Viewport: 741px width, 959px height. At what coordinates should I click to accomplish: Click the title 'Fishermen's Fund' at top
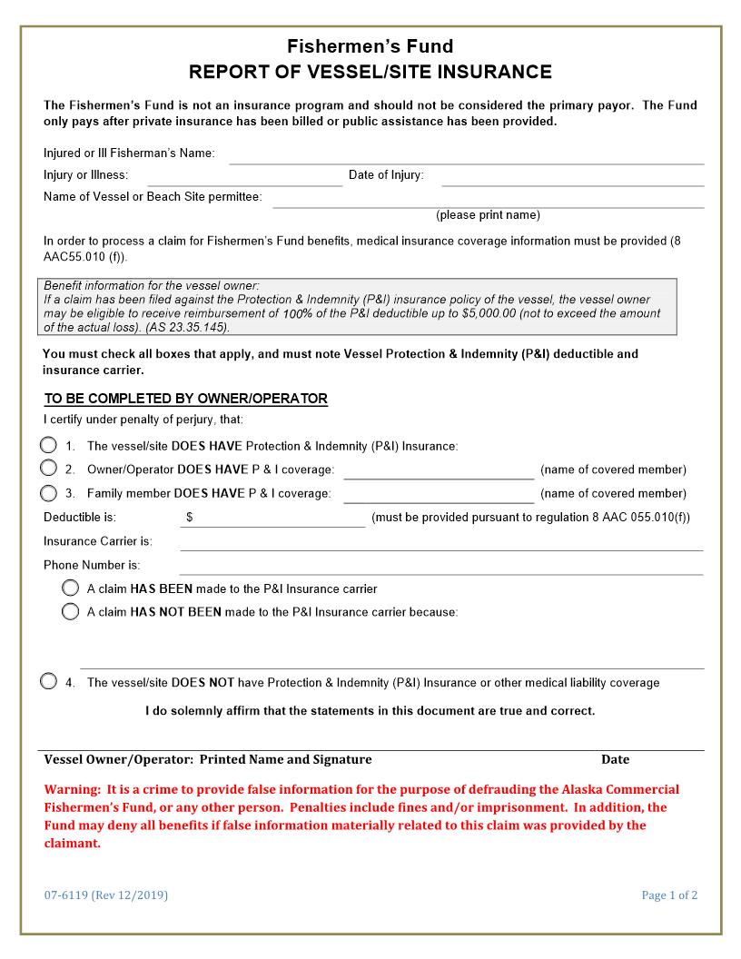[370, 46]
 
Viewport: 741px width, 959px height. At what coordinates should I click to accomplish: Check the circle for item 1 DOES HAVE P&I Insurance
[48, 445]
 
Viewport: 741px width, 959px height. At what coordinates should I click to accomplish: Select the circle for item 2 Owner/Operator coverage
[48, 469]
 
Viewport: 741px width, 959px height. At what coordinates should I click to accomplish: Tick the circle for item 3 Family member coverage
[48, 493]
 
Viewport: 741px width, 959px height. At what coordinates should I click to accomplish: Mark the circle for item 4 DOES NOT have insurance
[48, 682]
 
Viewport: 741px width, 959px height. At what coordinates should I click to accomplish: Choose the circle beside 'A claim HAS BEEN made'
[70, 588]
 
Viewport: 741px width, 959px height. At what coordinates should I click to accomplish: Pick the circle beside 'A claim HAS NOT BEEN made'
[70, 611]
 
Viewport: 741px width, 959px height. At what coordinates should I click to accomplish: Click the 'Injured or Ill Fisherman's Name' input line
[466, 158]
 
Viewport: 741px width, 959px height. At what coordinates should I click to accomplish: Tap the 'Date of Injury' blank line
[572, 180]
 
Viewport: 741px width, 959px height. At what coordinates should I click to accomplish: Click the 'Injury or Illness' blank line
[244, 180]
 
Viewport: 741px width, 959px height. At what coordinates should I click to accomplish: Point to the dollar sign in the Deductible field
[190, 518]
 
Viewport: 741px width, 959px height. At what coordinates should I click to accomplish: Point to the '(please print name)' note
[488, 215]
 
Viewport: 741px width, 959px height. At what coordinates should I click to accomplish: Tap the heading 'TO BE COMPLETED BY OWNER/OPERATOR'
[186, 399]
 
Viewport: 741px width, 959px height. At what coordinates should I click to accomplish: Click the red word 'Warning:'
[73, 789]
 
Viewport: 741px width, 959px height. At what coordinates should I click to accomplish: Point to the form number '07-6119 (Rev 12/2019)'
[106, 895]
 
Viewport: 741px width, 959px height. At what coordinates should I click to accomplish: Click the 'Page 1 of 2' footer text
[669, 895]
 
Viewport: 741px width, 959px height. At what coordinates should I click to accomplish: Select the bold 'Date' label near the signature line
[615, 759]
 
